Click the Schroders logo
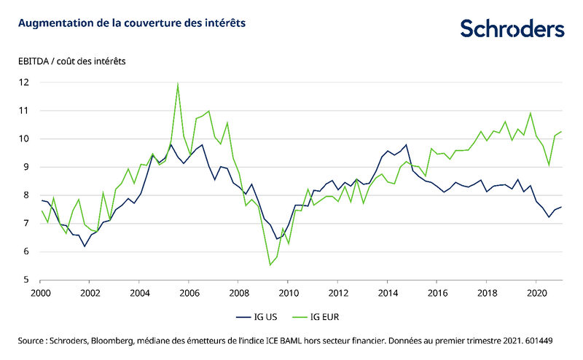(x=512, y=28)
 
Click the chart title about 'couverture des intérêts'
(x=132, y=23)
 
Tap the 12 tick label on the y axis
(x=24, y=82)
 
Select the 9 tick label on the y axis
(x=26, y=167)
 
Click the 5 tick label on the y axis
(x=26, y=280)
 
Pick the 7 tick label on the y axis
(x=26, y=224)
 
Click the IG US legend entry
(x=257, y=317)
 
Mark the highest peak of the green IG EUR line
(x=178, y=84)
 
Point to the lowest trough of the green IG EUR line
(x=270, y=265)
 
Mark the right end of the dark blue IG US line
(x=561, y=207)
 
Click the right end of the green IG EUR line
(x=561, y=131)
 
